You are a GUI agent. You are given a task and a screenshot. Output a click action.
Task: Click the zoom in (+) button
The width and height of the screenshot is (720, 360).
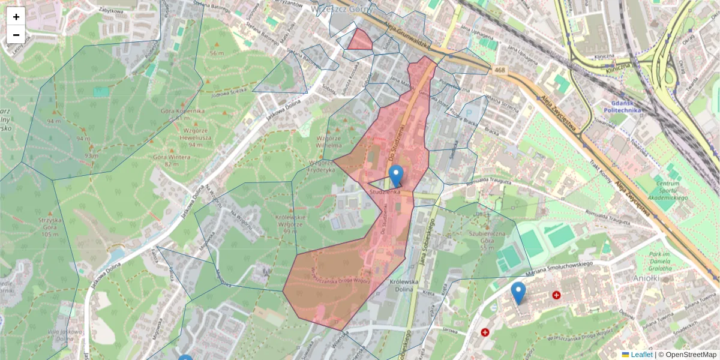point(16,17)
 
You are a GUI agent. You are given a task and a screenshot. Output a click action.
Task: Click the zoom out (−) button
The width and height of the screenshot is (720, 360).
point(16,35)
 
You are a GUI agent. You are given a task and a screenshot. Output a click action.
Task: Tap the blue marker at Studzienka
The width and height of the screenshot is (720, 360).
point(395,176)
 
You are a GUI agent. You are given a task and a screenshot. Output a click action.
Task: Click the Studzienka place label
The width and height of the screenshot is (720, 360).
point(385,192)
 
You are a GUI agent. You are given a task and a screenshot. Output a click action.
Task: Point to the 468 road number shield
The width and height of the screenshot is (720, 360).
point(500,70)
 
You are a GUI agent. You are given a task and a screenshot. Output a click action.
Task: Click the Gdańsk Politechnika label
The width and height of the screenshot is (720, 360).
point(622,106)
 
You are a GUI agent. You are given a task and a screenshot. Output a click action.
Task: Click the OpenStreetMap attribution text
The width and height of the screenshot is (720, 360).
point(691,355)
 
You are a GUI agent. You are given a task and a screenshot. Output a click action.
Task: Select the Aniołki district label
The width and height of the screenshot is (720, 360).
point(647,278)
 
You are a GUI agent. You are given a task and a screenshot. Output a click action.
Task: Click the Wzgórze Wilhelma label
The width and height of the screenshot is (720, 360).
point(329,141)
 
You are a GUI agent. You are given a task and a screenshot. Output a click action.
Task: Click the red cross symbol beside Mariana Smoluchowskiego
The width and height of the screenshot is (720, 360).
point(556,295)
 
